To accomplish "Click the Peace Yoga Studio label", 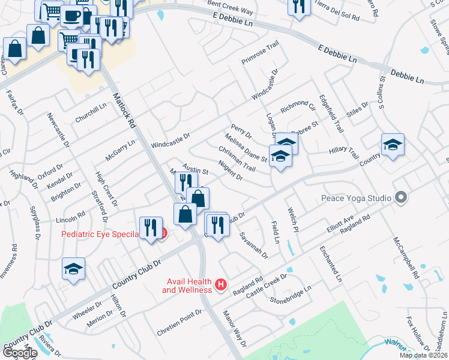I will [x=356, y=197].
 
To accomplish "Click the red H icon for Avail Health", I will [x=221, y=284].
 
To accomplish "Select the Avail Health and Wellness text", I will [x=187, y=286].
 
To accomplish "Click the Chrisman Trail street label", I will [x=237, y=159].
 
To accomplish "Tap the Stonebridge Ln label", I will [x=291, y=294].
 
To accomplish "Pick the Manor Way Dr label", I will [x=235, y=328].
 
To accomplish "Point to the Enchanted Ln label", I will [x=331, y=263].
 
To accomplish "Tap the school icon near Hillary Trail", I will [x=393, y=145].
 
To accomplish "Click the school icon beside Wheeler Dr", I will [x=73, y=269].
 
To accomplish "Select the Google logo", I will [x=19, y=353].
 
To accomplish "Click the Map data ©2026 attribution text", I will [x=424, y=355].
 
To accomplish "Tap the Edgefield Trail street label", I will [x=331, y=113].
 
